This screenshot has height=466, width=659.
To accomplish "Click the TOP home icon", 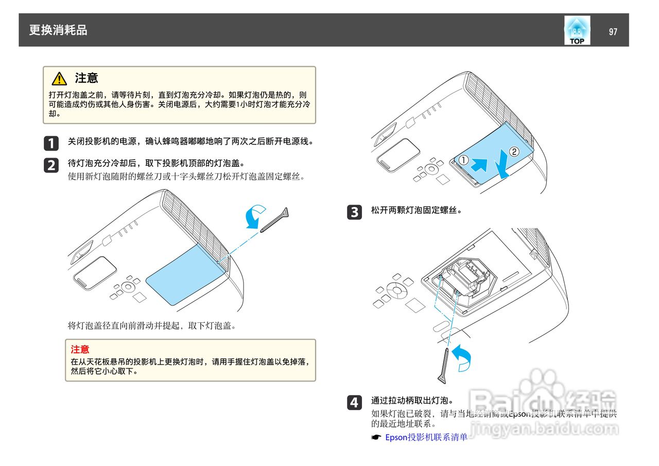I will click(x=577, y=30).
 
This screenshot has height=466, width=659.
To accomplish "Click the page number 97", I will click(x=613, y=32).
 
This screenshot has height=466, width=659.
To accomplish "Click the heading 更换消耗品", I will click(x=58, y=30).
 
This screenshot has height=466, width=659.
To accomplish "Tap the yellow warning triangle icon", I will click(x=59, y=79).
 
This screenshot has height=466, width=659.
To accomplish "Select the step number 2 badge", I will click(x=51, y=165).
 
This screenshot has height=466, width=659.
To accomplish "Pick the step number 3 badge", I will click(x=354, y=212).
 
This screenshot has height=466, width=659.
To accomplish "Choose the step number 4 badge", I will click(x=354, y=402).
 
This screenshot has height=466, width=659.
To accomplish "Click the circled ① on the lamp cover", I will click(x=463, y=160).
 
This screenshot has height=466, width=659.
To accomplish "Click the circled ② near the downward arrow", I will click(x=514, y=151).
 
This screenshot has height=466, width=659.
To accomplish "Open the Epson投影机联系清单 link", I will click(x=426, y=437).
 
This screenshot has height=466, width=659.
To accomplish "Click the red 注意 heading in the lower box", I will click(x=80, y=350).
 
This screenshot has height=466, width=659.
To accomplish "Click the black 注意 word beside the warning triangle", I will click(x=86, y=78).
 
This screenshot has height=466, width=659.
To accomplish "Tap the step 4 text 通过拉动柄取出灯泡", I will click(x=412, y=400).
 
